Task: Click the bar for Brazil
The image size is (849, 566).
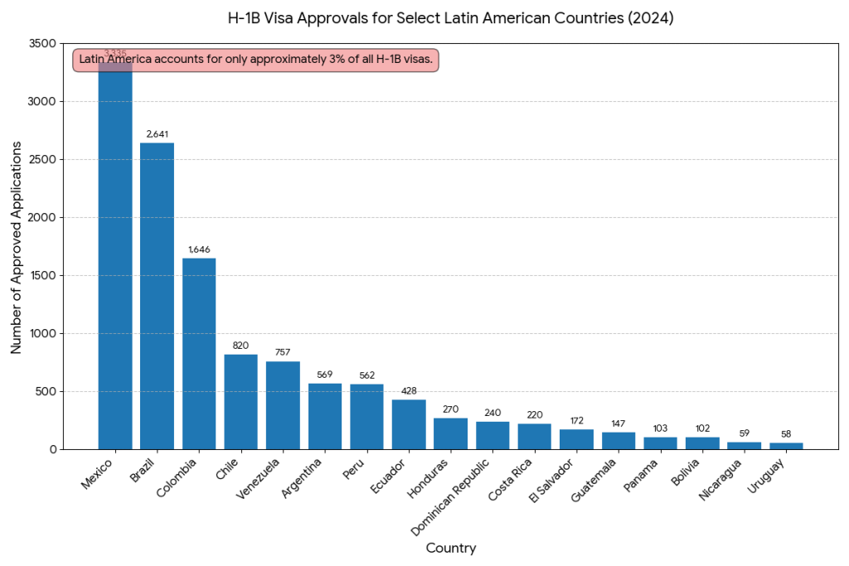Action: tap(157, 296)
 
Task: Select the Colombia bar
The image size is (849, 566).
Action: tap(199, 354)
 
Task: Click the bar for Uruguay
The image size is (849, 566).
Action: tap(786, 446)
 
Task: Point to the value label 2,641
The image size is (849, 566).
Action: tap(157, 133)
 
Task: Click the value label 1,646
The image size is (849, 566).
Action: tap(199, 249)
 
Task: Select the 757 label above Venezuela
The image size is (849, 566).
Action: tap(283, 352)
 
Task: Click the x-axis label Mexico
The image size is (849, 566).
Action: tap(98, 471)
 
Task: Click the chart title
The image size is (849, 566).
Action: tap(450, 17)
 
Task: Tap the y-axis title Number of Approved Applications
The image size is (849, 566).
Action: tap(16, 246)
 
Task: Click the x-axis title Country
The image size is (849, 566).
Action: tap(450, 548)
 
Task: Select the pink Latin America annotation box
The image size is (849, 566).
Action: tap(255, 60)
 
